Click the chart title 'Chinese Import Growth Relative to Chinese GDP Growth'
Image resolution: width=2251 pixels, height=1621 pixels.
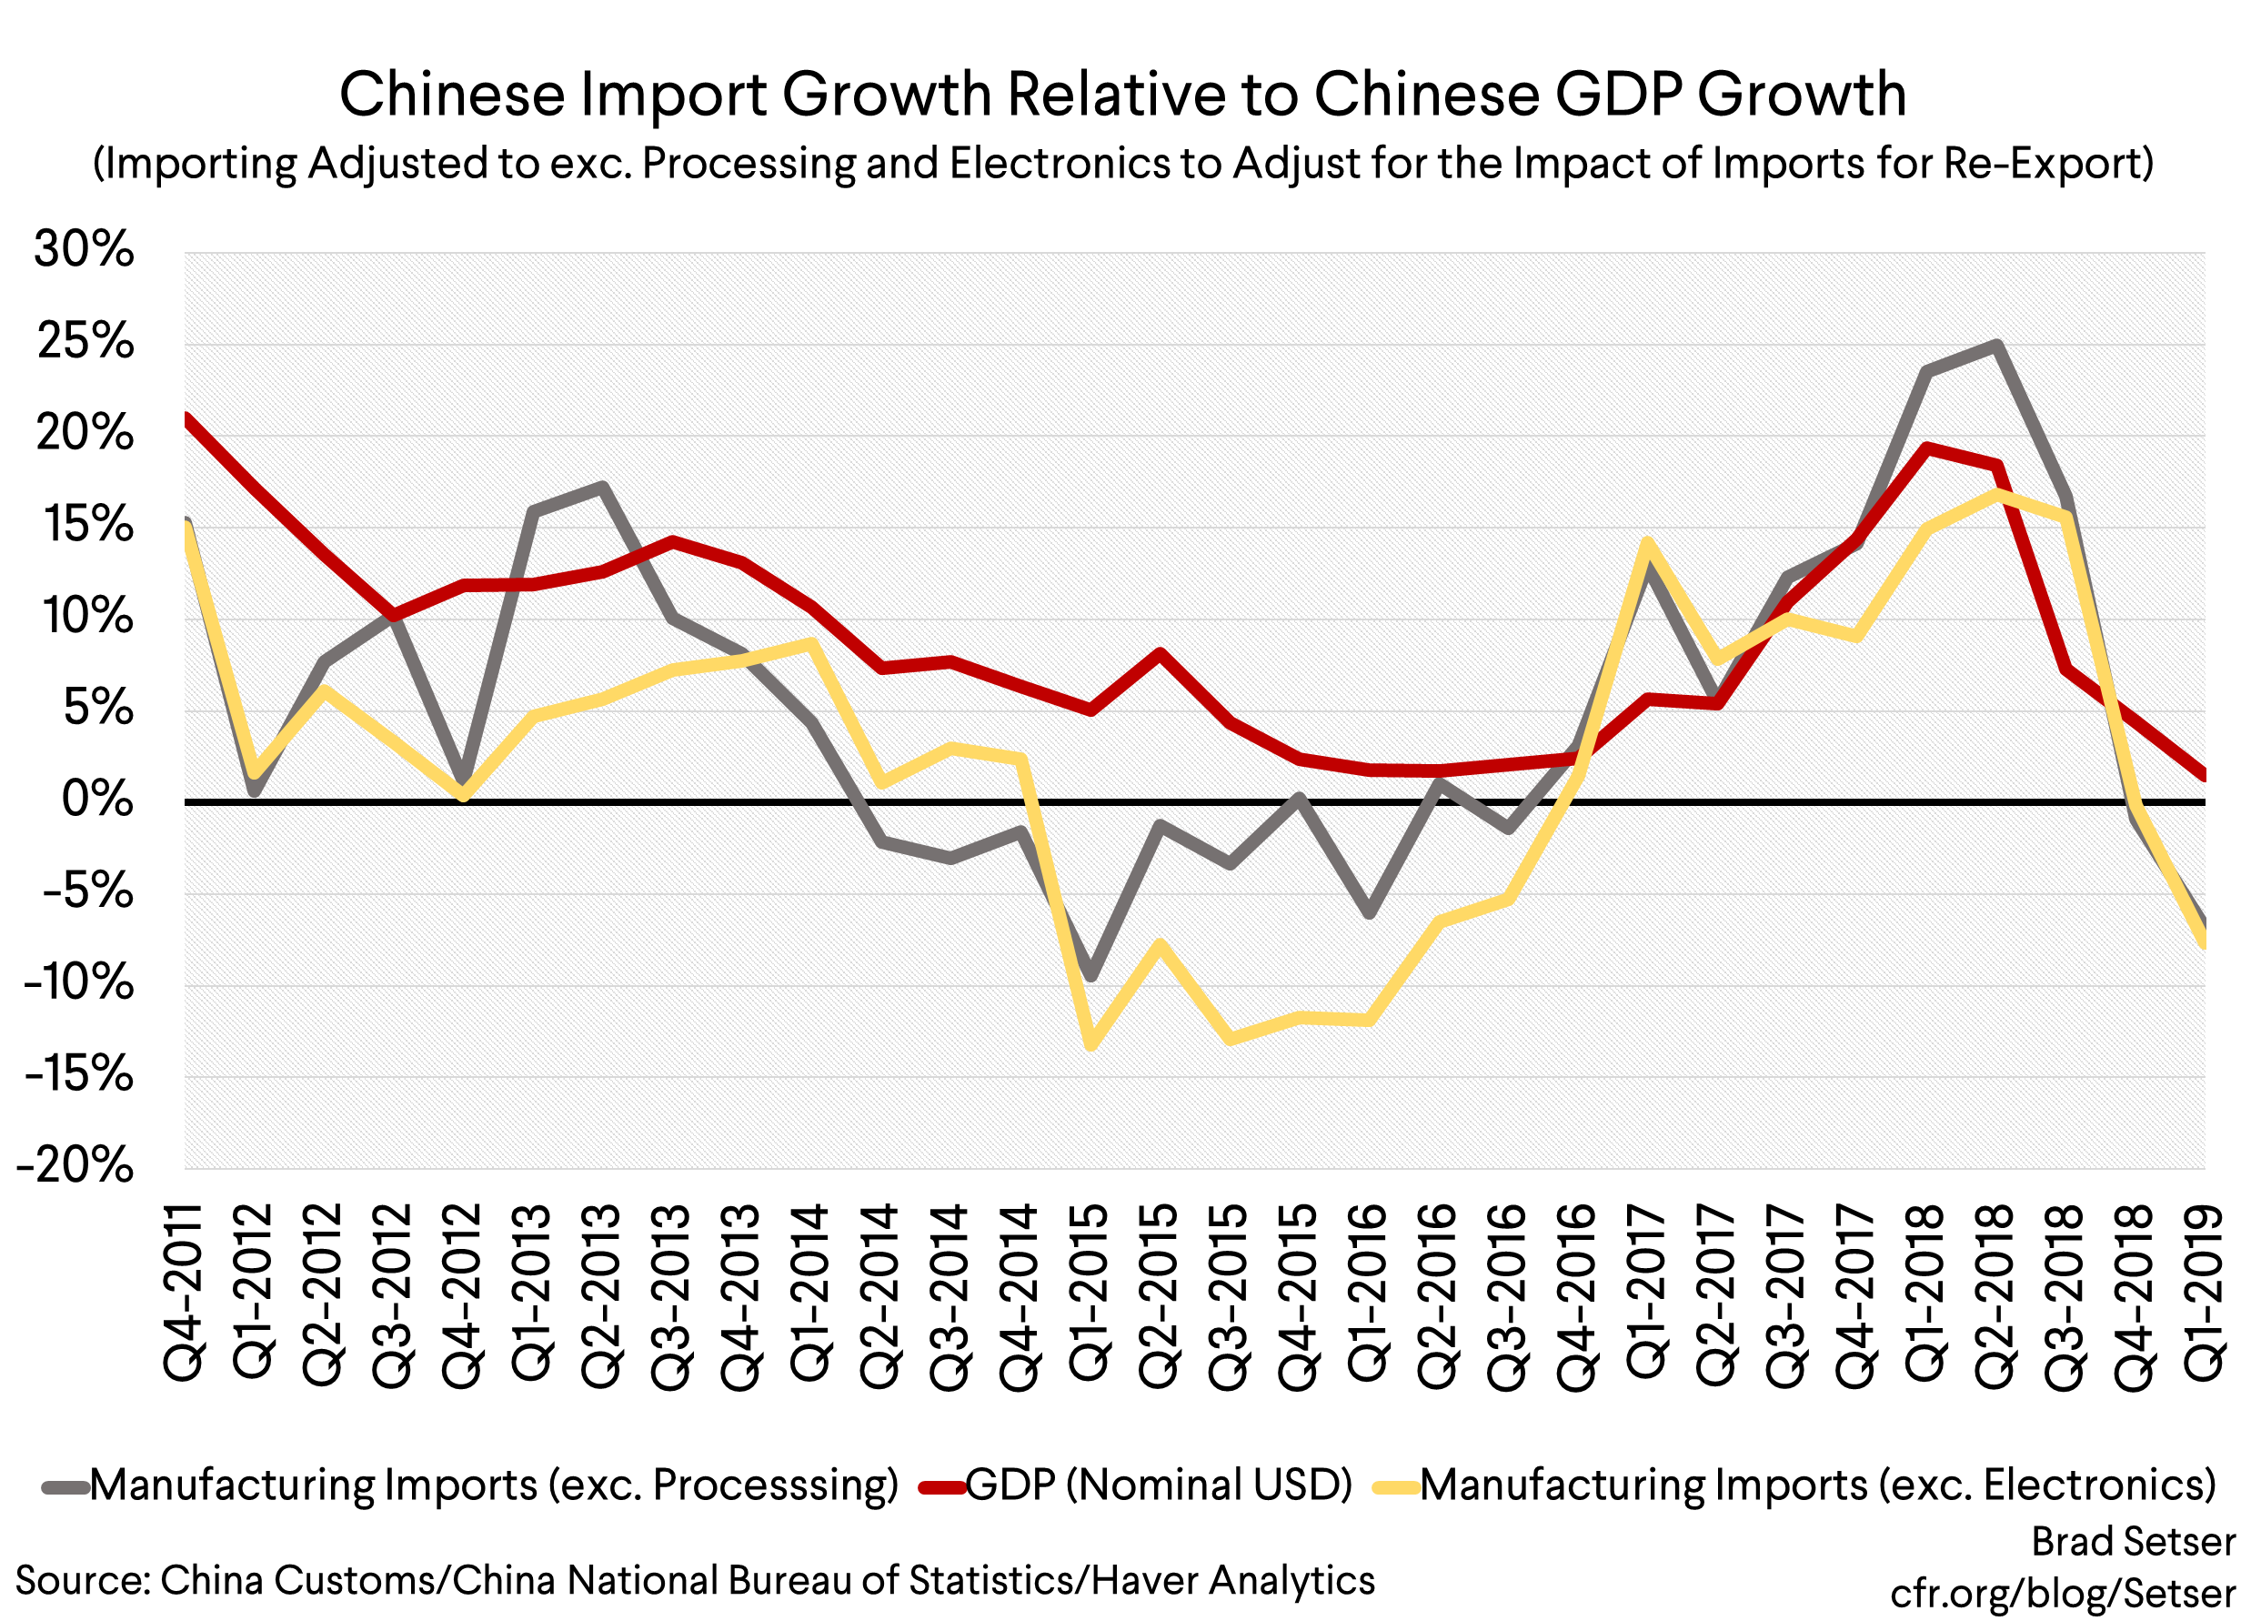tap(1122, 95)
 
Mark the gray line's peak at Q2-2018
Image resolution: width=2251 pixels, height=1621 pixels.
tap(1997, 346)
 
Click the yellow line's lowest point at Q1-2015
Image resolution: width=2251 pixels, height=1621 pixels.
tap(1090, 1044)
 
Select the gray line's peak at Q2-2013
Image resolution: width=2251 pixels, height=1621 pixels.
tap(602, 487)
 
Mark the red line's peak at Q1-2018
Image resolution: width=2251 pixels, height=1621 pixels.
tap(1926, 448)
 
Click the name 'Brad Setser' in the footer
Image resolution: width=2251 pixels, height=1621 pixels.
tap(2133, 1542)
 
